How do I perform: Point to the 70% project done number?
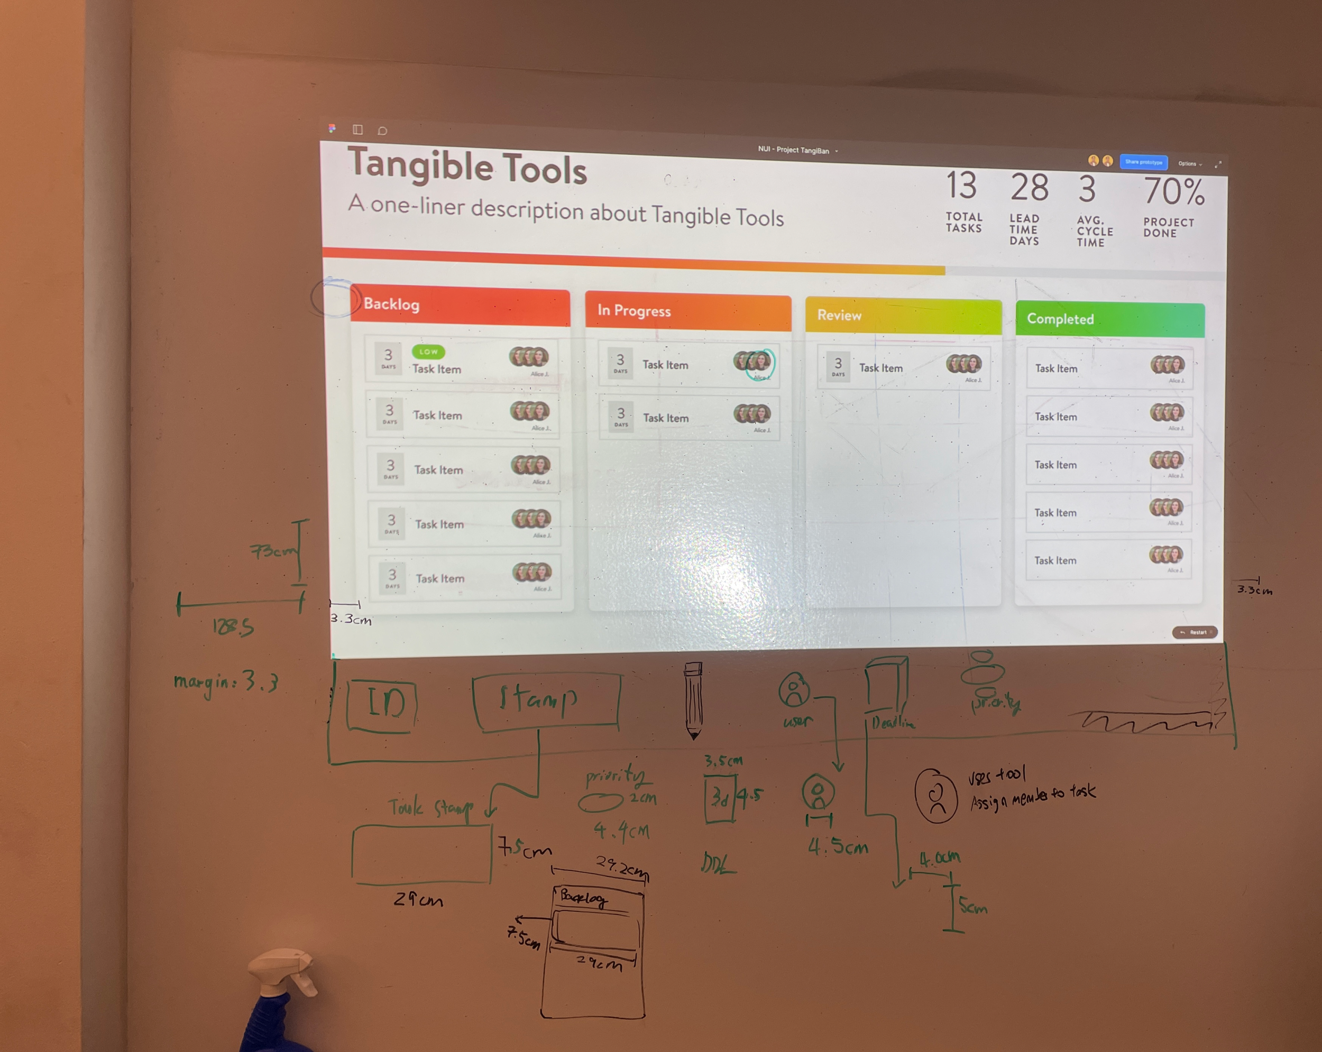click(x=1173, y=192)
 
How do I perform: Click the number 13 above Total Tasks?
click(x=961, y=186)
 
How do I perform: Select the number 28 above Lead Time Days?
click(x=1029, y=188)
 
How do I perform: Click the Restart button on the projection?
click(x=1195, y=632)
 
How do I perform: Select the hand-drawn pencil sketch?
click(x=693, y=699)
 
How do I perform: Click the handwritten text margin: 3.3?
click(x=226, y=682)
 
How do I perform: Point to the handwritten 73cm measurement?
click(x=273, y=550)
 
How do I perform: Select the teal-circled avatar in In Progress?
click(x=760, y=364)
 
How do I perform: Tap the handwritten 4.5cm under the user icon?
click(x=838, y=847)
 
